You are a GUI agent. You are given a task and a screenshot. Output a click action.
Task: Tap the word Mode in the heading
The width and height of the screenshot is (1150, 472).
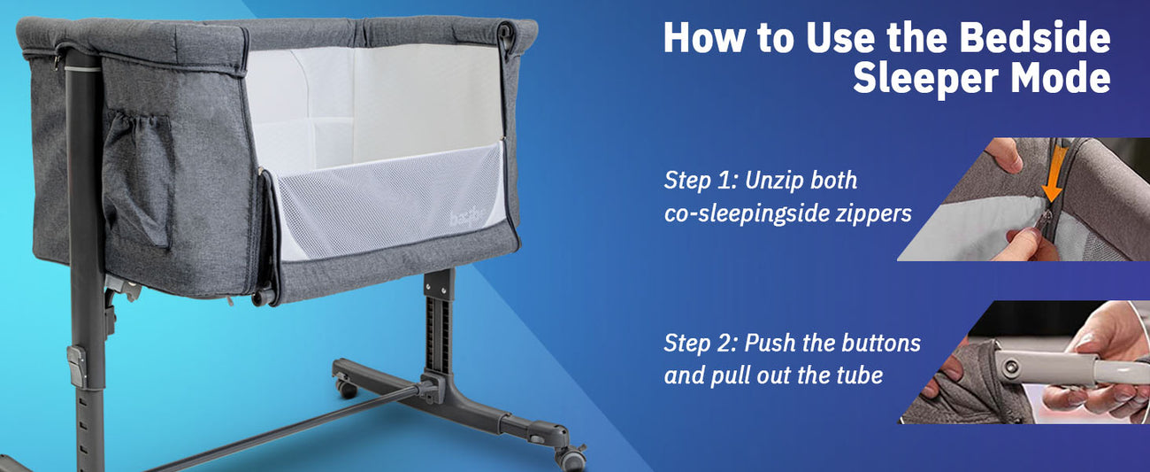point(1062,78)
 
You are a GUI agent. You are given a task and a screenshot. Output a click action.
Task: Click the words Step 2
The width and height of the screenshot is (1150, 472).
point(701,343)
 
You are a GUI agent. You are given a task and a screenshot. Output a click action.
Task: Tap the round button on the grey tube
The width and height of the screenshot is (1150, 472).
point(1011,367)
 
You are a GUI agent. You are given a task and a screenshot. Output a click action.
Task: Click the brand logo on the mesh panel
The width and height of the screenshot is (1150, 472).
point(467,216)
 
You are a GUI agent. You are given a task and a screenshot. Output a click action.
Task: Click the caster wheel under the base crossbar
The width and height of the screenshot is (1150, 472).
point(347,387)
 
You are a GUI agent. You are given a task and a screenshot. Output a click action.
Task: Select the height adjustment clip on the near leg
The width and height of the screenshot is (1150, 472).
point(77,366)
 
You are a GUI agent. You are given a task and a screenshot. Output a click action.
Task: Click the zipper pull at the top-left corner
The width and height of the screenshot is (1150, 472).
point(57,62)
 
